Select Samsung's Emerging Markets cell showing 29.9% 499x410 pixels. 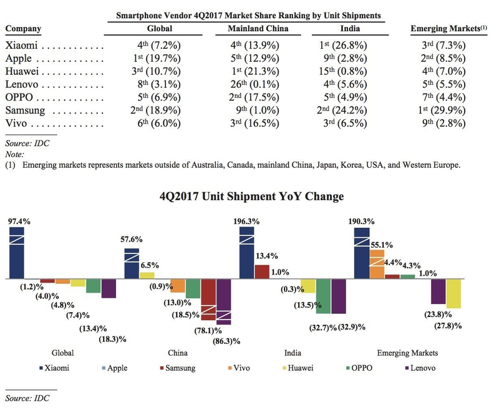point(437,110)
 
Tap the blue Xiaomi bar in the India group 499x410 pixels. point(247,252)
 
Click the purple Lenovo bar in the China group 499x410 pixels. point(223,301)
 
